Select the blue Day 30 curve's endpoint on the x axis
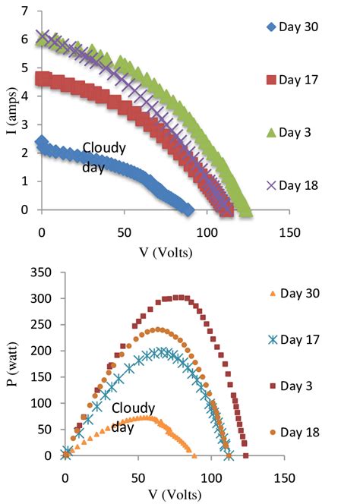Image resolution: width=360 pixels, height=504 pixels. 189,209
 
